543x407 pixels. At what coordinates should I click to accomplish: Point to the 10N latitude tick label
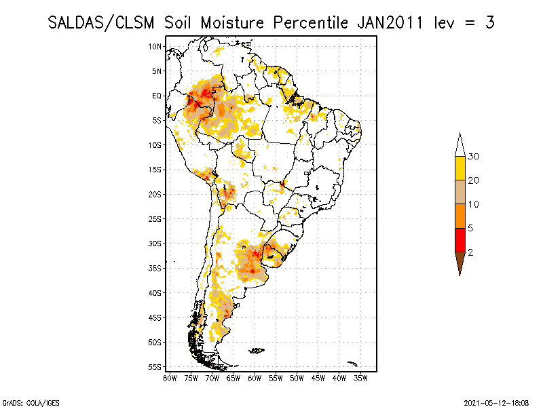[x=155, y=46]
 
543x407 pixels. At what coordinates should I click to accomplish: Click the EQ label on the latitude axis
[x=156, y=96]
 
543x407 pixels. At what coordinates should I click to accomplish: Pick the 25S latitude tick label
[x=155, y=218]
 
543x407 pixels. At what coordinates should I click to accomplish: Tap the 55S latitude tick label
[x=155, y=367]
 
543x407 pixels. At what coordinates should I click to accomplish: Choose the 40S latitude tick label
[x=155, y=292]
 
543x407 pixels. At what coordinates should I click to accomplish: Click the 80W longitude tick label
[x=170, y=378]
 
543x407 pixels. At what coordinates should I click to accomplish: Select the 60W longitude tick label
[x=255, y=378]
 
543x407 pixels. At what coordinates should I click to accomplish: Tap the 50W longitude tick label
[x=297, y=378]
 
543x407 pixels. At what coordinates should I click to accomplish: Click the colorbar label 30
[x=474, y=157]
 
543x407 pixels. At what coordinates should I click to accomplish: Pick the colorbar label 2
[x=470, y=252]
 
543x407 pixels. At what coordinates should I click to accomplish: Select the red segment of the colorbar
[x=460, y=239]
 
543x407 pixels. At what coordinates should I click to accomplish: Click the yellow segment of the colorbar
[x=460, y=168]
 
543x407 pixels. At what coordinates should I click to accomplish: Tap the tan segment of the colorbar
[x=460, y=192]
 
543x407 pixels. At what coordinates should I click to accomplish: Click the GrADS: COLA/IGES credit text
[x=26, y=402]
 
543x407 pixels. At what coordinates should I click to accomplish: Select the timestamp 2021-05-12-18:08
[x=496, y=402]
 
